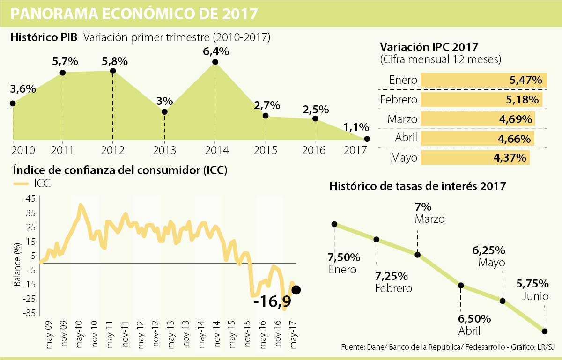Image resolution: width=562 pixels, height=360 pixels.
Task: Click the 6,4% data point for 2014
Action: pos(214,62)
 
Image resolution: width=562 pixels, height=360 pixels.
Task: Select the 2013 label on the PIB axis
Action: pos(164,151)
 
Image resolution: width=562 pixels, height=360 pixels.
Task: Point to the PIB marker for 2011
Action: pos(63,73)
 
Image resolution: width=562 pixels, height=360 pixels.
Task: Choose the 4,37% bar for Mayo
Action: pos(475,158)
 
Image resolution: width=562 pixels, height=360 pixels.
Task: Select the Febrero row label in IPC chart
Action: pos(399,100)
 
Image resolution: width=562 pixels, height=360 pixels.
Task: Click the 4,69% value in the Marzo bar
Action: pos(515,119)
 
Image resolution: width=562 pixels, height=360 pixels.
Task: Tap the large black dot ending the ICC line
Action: pos(296,290)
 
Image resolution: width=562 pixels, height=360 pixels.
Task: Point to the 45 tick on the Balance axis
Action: pos(30,198)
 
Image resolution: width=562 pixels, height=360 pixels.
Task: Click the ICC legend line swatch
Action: pos(23,184)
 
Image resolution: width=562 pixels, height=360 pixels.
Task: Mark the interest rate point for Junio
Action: pos(545,331)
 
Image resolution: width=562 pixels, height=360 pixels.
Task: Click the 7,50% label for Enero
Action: pos(344,258)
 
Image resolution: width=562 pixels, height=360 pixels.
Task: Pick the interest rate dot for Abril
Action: pos(461,286)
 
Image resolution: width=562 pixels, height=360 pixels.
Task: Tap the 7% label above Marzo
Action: pos(423,207)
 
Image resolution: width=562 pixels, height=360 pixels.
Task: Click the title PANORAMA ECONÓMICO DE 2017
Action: pos(134,14)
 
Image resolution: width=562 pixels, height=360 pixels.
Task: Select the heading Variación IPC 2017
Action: pos(429,47)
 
